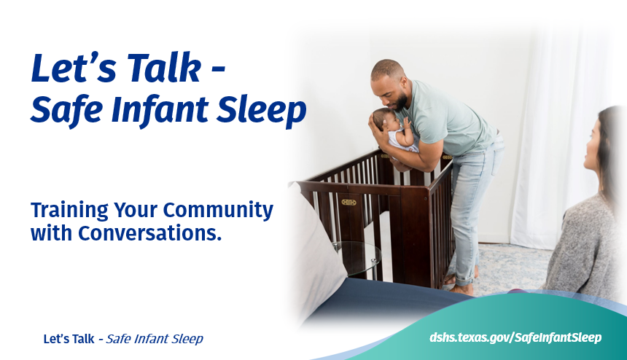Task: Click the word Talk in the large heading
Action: [x=164, y=68]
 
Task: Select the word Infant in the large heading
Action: [x=160, y=110]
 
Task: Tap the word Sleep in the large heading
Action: [x=261, y=111]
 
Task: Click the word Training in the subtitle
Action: [x=69, y=210]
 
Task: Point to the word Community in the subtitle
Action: [x=218, y=210]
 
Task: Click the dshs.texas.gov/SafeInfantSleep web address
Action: [x=515, y=337]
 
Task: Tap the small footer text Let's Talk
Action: [x=69, y=339]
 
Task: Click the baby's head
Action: [x=383, y=119]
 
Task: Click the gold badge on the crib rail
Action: [x=348, y=202]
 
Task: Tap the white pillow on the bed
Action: [x=315, y=251]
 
